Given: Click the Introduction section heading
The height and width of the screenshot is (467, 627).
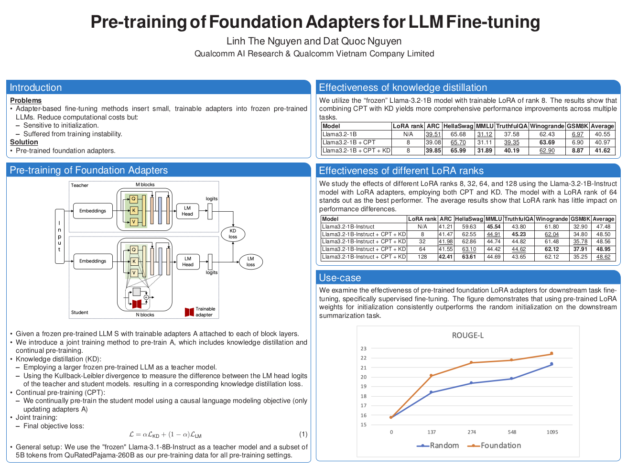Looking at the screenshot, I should point(36,87).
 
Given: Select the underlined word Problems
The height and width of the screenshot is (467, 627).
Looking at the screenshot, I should point(26,100).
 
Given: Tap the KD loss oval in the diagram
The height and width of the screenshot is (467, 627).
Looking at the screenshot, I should point(233,234).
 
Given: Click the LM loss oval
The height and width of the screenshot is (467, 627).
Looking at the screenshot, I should point(250,261).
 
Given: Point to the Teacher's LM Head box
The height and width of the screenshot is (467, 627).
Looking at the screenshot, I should point(187,211).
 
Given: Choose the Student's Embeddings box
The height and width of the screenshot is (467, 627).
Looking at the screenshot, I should point(93,261).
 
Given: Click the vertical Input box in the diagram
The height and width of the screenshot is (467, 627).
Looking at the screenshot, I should point(59,236).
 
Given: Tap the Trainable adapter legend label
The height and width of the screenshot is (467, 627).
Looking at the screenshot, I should point(205,312).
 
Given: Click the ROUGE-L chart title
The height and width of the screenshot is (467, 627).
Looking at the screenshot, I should point(467,336).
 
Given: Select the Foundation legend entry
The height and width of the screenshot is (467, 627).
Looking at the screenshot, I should point(500,445).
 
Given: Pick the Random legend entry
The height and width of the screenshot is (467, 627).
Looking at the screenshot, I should point(444,445).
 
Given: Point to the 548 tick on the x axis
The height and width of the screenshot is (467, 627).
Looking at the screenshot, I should point(512,432).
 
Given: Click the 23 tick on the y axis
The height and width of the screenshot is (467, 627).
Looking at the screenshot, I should point(364,348).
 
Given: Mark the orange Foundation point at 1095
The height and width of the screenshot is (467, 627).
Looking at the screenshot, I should point(551,354).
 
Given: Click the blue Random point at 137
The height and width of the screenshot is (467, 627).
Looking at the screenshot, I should point(431,392).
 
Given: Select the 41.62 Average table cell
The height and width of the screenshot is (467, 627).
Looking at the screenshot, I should point(603,151).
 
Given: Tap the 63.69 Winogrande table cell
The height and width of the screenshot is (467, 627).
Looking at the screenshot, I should point(547,142).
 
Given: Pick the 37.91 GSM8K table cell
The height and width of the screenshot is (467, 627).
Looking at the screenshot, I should point(580,249).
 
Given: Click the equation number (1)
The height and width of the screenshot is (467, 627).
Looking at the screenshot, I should point(303,434).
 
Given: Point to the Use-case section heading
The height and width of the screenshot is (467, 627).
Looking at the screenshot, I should point(340,278).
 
